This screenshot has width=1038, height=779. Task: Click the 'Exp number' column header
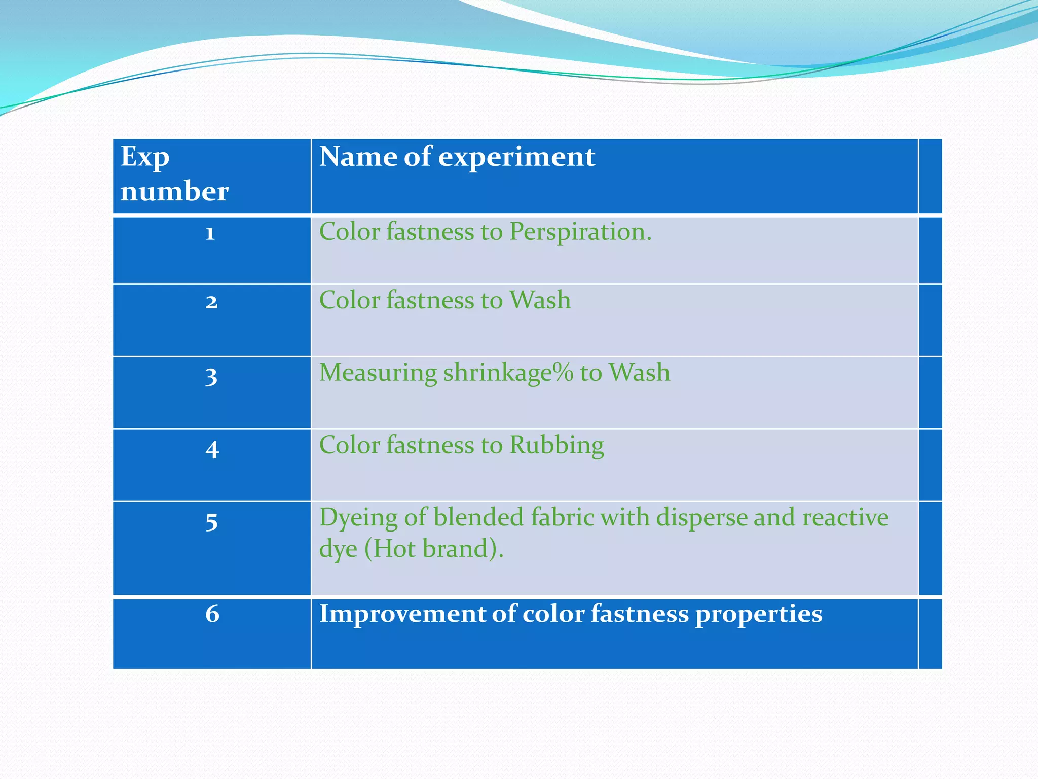click(x=174, y=174)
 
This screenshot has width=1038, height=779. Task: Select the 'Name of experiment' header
click(x=457, y=157)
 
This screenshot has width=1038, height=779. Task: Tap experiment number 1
click(x=210, y=233)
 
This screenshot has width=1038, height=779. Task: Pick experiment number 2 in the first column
click(x=211, y=302)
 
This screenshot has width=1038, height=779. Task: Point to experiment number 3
click(x=211, y=377)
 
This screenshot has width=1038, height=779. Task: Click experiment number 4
click(x=212, y=450)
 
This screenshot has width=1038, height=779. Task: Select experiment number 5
click(x=211, y=522)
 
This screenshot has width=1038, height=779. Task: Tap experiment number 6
click(x=212, y=614)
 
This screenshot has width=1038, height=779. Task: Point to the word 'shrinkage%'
click(x=508, y=373)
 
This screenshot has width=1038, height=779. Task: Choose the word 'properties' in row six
click(x=758, y=615)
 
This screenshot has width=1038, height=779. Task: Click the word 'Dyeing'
click(x=358, y=518)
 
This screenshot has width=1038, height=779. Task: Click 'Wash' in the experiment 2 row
click(x=540, y=300)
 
